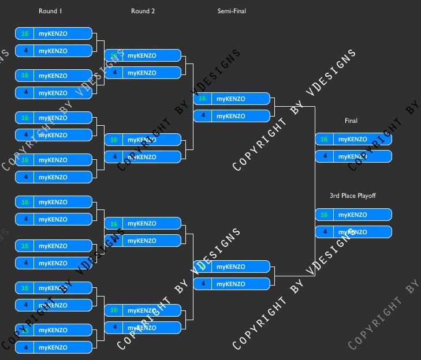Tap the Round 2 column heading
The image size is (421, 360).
pyautogui.click(x=143, y=11)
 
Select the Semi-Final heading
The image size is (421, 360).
pyautogui.click(x=232, y=11)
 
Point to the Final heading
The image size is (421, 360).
pyautogui.click(x=351, y=121)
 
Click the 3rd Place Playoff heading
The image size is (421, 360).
pyautogui.click(x=352, y=196)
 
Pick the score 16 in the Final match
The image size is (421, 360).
pyautogui.click(x=324, y=139)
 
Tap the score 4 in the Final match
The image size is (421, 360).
pyautogui.click(x=324, y=156)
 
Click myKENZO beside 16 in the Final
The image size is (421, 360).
pyautogui.click(x=352, y=139)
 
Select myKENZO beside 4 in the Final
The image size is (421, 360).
pyautogui.click(x=352, y=156)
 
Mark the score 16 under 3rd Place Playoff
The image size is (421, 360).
pyautogui.click(x=324, y=215)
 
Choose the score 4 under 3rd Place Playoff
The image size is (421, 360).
pyautogui.click(x=324, y=232)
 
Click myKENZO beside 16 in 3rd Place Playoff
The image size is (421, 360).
pyautogui.click(x=352, y=215)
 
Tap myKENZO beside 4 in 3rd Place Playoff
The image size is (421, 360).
pyautogui.click(x=352, y=232)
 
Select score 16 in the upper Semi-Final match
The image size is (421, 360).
pyautogui.click(x=202, y=99)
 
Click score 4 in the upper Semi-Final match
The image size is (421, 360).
pyautogui.click(x=202, y=116)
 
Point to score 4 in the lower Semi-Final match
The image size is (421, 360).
pyautogui.click(x=202, y=284)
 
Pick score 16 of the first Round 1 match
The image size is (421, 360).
pyautogui.click(x=25, y=33)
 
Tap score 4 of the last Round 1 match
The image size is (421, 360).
pyautogui.click(x=25, y=347)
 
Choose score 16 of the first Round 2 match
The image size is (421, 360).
pyautogui.click(x=114, y=55)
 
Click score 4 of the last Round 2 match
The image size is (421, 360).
pyautogui.click(x=114, y=327)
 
